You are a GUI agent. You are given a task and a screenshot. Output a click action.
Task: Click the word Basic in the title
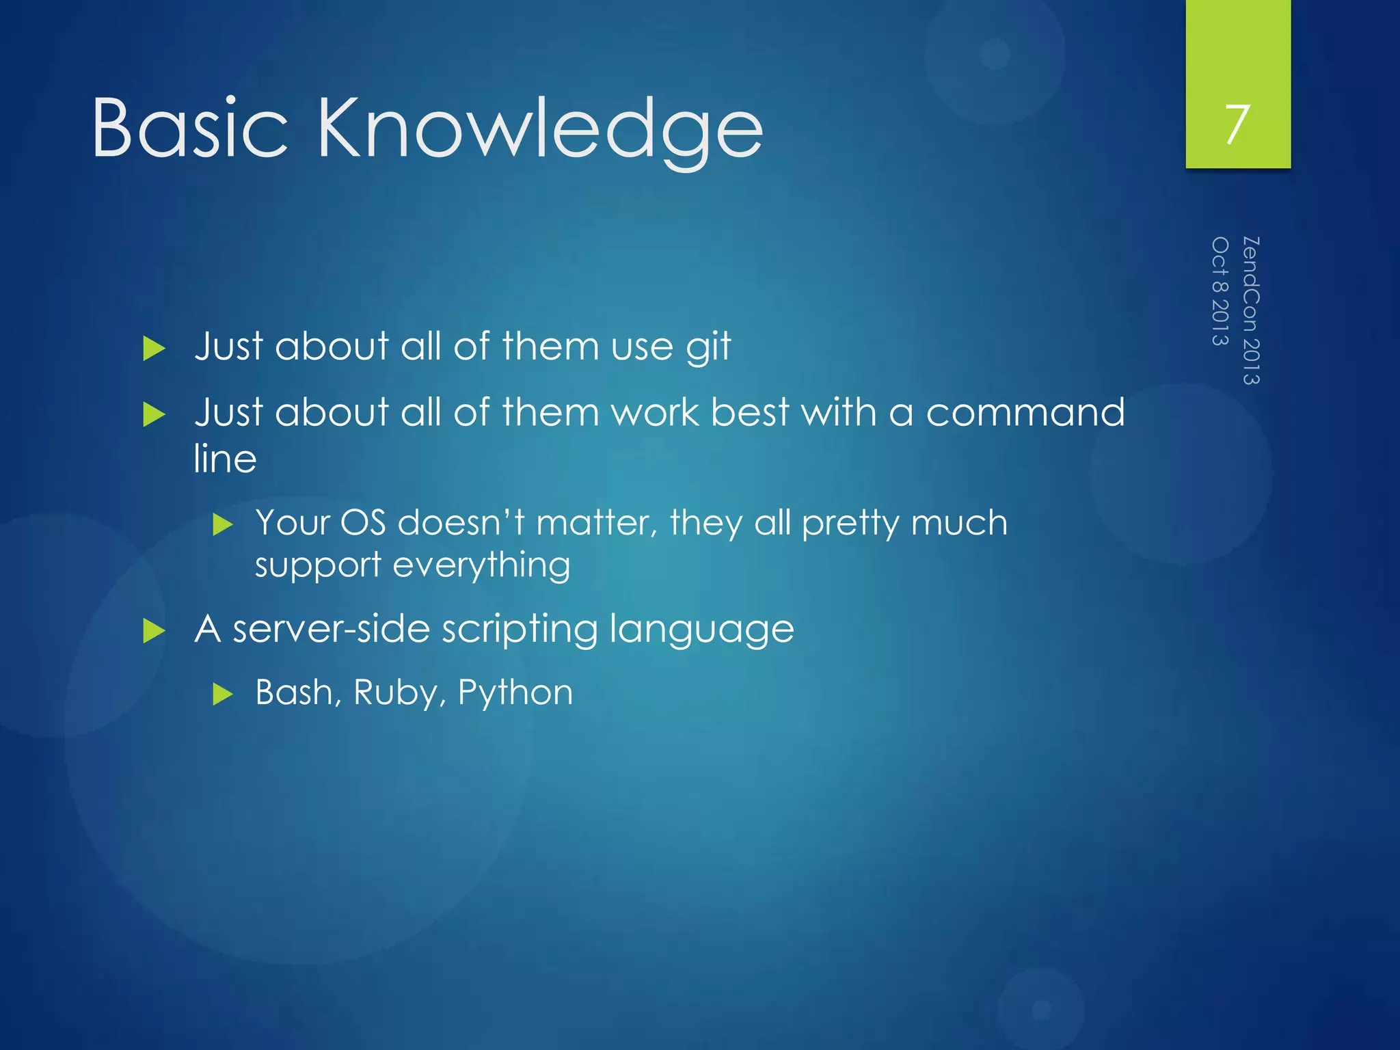pos(189,128)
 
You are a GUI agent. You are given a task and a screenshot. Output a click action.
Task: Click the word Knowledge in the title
pos(540,130)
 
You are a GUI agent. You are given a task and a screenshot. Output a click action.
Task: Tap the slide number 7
pos(1237,124)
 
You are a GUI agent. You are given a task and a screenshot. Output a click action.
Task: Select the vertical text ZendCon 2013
pos(1250,310)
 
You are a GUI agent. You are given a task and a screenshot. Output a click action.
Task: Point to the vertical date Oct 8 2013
pos(1220,291)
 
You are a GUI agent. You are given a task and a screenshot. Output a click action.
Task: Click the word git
pos(708,347)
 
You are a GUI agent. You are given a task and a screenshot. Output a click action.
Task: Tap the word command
pos(1025,412)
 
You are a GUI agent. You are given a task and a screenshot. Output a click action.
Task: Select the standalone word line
pos(225,458)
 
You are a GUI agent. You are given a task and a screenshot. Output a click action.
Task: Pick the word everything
pos(481,565)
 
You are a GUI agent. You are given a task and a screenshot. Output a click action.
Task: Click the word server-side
pos(331,628)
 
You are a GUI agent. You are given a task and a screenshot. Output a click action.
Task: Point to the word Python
pos(515,693)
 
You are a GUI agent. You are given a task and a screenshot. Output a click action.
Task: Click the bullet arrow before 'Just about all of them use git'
pos(154,349)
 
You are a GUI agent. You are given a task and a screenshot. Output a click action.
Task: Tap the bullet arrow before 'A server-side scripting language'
pos(154,630)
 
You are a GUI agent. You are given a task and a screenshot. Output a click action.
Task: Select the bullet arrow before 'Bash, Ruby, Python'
pos(223,695)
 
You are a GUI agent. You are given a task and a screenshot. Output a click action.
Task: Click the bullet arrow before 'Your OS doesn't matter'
pos(223,525)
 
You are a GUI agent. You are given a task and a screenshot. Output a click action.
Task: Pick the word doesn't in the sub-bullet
pos(461,523)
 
